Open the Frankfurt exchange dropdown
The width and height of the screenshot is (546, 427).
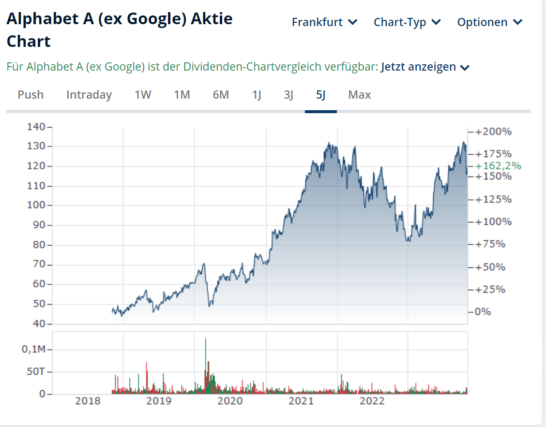click(324, 22)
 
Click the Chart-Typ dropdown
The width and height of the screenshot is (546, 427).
click(407, 22)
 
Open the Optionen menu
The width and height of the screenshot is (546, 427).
click(489, 22)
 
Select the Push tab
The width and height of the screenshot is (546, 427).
click(30, 95)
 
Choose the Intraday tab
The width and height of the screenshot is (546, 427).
click(89, 95)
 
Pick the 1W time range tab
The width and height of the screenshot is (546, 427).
click(143, 95)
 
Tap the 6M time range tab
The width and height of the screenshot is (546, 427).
click(221, 95)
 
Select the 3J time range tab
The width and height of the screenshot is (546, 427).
click(288, 95)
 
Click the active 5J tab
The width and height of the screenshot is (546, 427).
click(320, 95)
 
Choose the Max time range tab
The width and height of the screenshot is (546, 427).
click(360, 95)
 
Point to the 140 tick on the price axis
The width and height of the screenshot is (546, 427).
click(36, 127)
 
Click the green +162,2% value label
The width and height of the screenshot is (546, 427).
click(498, 166)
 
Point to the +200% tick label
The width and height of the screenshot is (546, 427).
click(493, 132)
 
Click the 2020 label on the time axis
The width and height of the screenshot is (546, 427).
click(230, 401)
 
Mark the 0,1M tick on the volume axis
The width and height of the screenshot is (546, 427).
click(33, 349)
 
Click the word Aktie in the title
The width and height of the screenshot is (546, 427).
click(212, 19)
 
